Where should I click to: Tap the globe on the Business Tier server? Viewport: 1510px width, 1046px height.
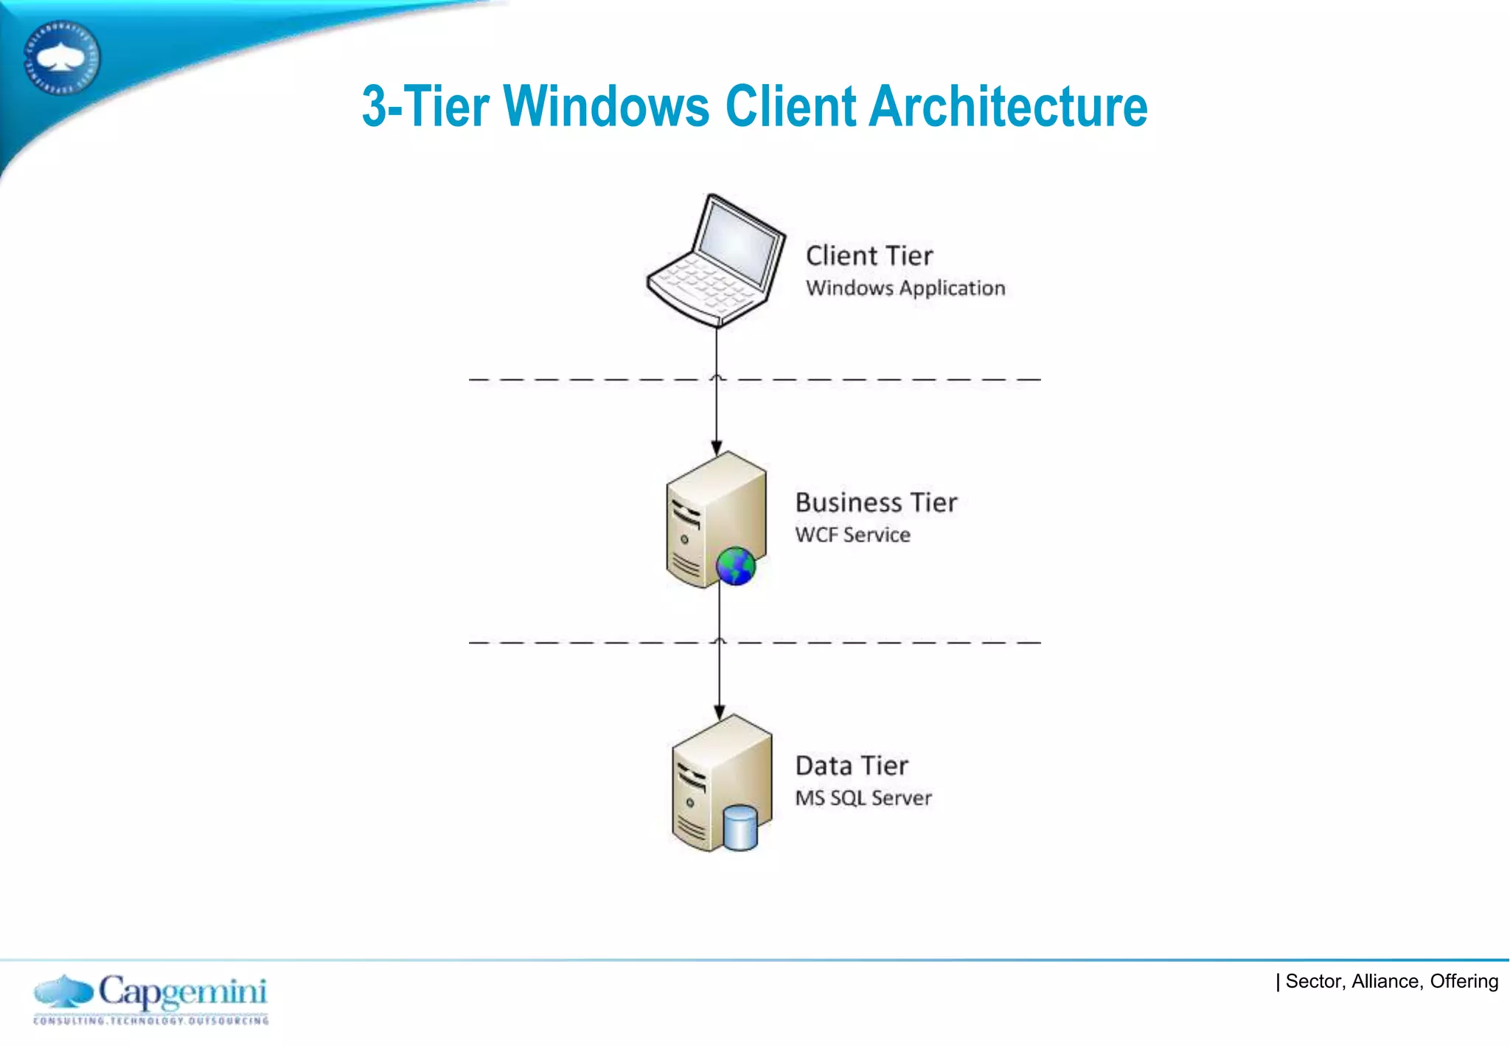pyautogui.click(x=735, y=567)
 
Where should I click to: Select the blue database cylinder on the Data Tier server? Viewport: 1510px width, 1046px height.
pyautogui.click(x=740, y=828)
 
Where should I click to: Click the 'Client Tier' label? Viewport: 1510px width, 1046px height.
pyautogui.click(x=869, y=256)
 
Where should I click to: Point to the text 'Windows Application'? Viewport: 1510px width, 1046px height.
pyautogui.click(x=905, y=288)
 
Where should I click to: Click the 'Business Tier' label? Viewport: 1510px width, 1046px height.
pyautogui.click(x=875, y=502)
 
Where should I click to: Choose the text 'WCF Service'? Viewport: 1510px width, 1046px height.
pyautogui.click(x=852, y=535)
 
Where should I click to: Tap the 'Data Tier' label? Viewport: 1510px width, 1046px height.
pyautogui.click(x=851, y=766)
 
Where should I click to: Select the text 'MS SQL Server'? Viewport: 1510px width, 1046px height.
pyautogui.click(x=863, y=798)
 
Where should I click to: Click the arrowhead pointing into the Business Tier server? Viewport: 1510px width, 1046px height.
pyautogui.click(x=717, y=448)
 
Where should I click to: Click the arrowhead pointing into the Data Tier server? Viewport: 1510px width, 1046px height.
pyautogui.click(x=720, y=712)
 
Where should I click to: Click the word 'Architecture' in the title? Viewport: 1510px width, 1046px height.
pyautogui.click(x=1008, y=106)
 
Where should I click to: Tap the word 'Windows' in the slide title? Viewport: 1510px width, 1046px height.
pyautogui.click(x=606, y=106)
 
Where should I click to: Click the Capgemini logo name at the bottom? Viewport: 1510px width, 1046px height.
pyautogui.click(x=182, y=992)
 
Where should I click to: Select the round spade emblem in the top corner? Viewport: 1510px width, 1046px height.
pyautogui.click(x=61, y=58)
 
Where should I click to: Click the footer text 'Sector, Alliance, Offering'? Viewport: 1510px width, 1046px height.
pyautogui.click(x=1391, y=981)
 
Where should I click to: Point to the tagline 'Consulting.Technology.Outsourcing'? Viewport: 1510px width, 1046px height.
pyautogui.click(x=151, y=1021)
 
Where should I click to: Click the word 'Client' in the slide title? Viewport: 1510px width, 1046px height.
pyautogui.click(x=790, y=106)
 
